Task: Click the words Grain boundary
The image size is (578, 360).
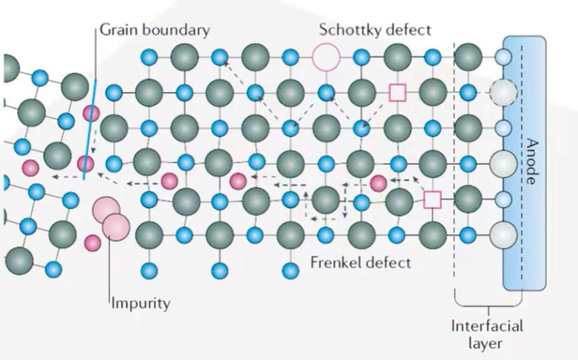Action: (x=154, y=30)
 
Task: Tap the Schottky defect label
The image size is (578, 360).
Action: (x=374, y=30)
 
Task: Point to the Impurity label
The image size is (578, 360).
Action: (x=141, y=303)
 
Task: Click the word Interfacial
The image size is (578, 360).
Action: (x=487, y=325)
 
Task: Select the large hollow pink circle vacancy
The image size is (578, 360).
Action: (x=326, y=57)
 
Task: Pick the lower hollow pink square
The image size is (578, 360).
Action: (x=433, y=200)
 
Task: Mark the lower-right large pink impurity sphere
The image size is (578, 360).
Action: (x=116, y=226)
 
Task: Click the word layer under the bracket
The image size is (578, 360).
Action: (x=487, y=343)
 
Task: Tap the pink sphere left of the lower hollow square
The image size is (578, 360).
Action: (x=378, y=183)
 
